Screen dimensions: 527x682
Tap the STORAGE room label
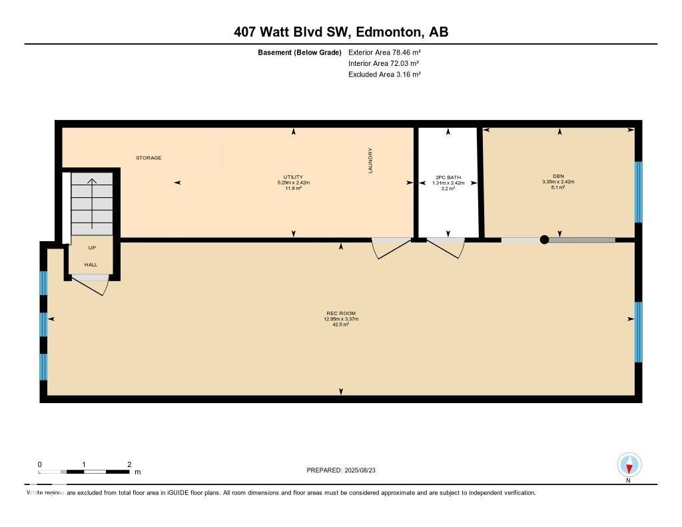pos(149,158)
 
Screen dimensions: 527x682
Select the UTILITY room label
pos(294,177)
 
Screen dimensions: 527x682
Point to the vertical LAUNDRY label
pos(371,161)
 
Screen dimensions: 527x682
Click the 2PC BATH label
pos(448,178)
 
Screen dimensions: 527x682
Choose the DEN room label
pos(558,177)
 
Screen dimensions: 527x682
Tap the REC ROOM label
pos(341,313)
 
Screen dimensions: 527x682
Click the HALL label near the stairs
pos(91,264)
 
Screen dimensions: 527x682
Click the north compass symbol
pos(629,464)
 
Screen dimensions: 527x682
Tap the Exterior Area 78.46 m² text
pos(384,52)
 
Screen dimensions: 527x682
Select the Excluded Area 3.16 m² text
pos(384,75)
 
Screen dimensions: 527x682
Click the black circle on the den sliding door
pos(544,240)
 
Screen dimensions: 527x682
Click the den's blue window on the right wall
pos(638,192)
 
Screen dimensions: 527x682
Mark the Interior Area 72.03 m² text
pos(384,63)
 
